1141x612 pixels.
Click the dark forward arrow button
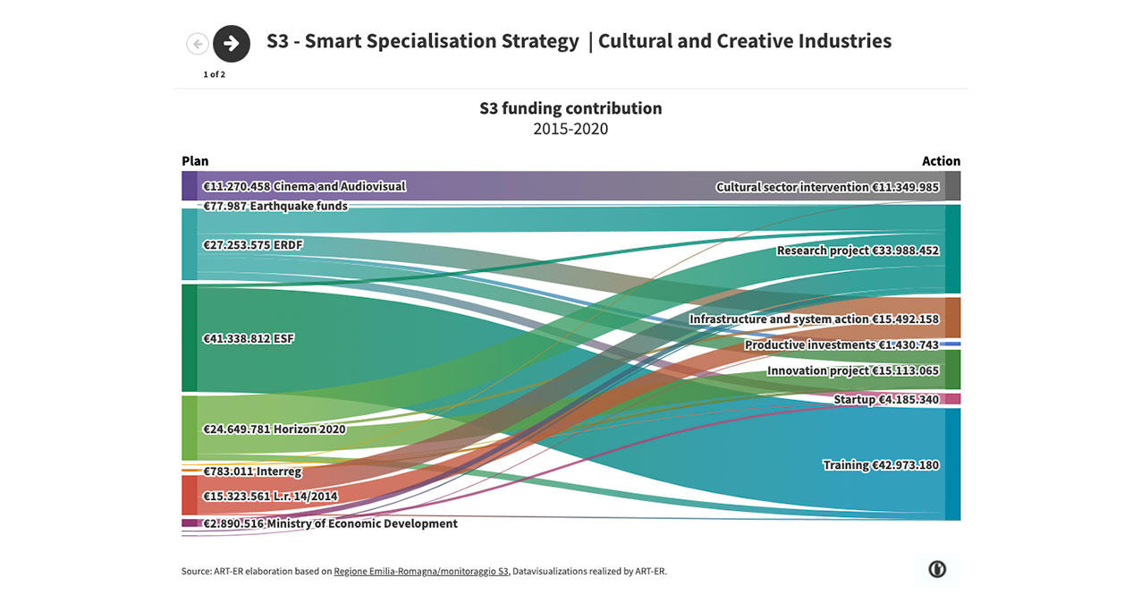pos(232,43)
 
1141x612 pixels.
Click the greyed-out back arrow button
pos(198,43)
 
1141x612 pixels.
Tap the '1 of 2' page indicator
pos(214,74)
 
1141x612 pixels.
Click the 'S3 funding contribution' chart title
pos(570,108)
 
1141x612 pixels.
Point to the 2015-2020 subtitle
pos(570,129)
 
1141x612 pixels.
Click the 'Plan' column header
pos(195,161)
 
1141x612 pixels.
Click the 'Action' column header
pos(941,161)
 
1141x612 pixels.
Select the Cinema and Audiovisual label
pos(304,187)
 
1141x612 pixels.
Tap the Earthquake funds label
pos(275,206)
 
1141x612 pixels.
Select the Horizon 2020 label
pos(275,429)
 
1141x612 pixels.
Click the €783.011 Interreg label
pos(252,472)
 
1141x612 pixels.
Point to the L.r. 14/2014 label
pos(270,497)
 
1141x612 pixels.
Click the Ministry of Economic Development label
pos(330,523)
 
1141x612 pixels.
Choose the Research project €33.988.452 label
pos(858,251)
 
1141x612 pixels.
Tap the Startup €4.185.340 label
pos(886,399)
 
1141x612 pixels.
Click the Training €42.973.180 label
pos(881,465)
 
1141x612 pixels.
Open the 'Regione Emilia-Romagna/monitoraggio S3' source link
pos(421,571)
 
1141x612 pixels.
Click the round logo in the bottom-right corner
pos(937,569)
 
